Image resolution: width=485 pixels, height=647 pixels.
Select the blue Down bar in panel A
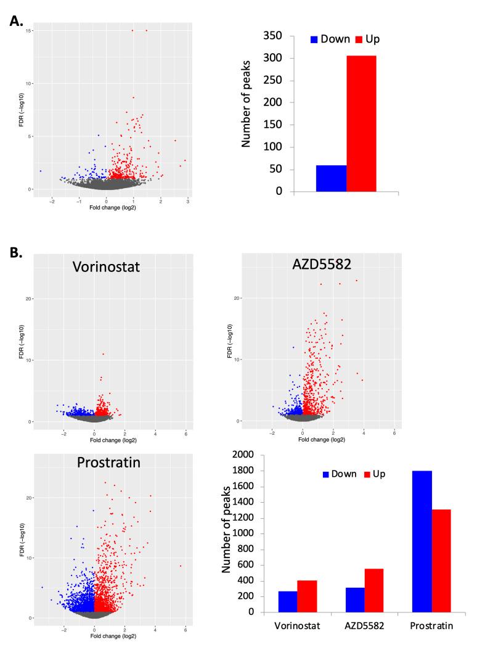pyautogui.click(x=331, y=178)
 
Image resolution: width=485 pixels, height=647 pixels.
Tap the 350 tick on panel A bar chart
pyautogui.click(x=277, y=36)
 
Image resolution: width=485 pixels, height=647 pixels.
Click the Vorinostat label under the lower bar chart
pyautogui.click(x=297, y=627)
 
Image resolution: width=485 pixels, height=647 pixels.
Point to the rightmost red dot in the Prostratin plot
pyautogui.click(x=181, y=566)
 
